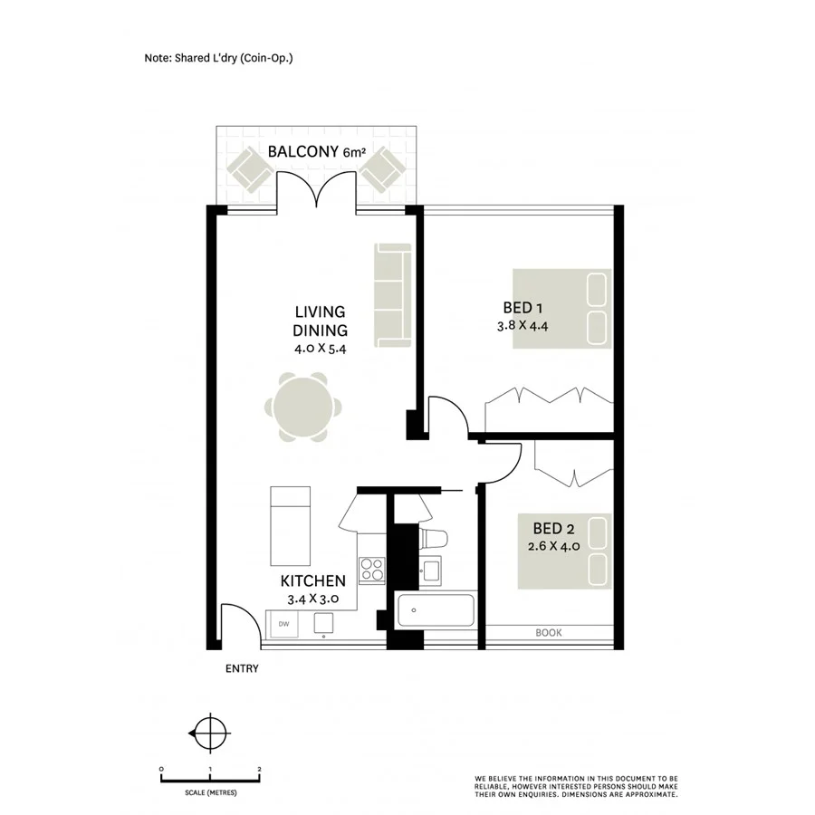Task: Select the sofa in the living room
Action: pos(391,294)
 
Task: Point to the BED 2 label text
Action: pos(554,528)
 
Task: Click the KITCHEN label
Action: pos(312,581)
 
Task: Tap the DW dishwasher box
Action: pos(283,624)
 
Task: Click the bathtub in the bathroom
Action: pos(436,611)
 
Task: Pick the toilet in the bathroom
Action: pos(434,538)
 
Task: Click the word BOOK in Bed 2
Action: pos(549,633)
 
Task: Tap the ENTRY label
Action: pos(242,669)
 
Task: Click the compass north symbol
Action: pos(211,730)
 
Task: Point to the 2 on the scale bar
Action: pos(259,769)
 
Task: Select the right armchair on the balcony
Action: pos(384,169)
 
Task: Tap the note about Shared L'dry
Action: pos(219,58)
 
